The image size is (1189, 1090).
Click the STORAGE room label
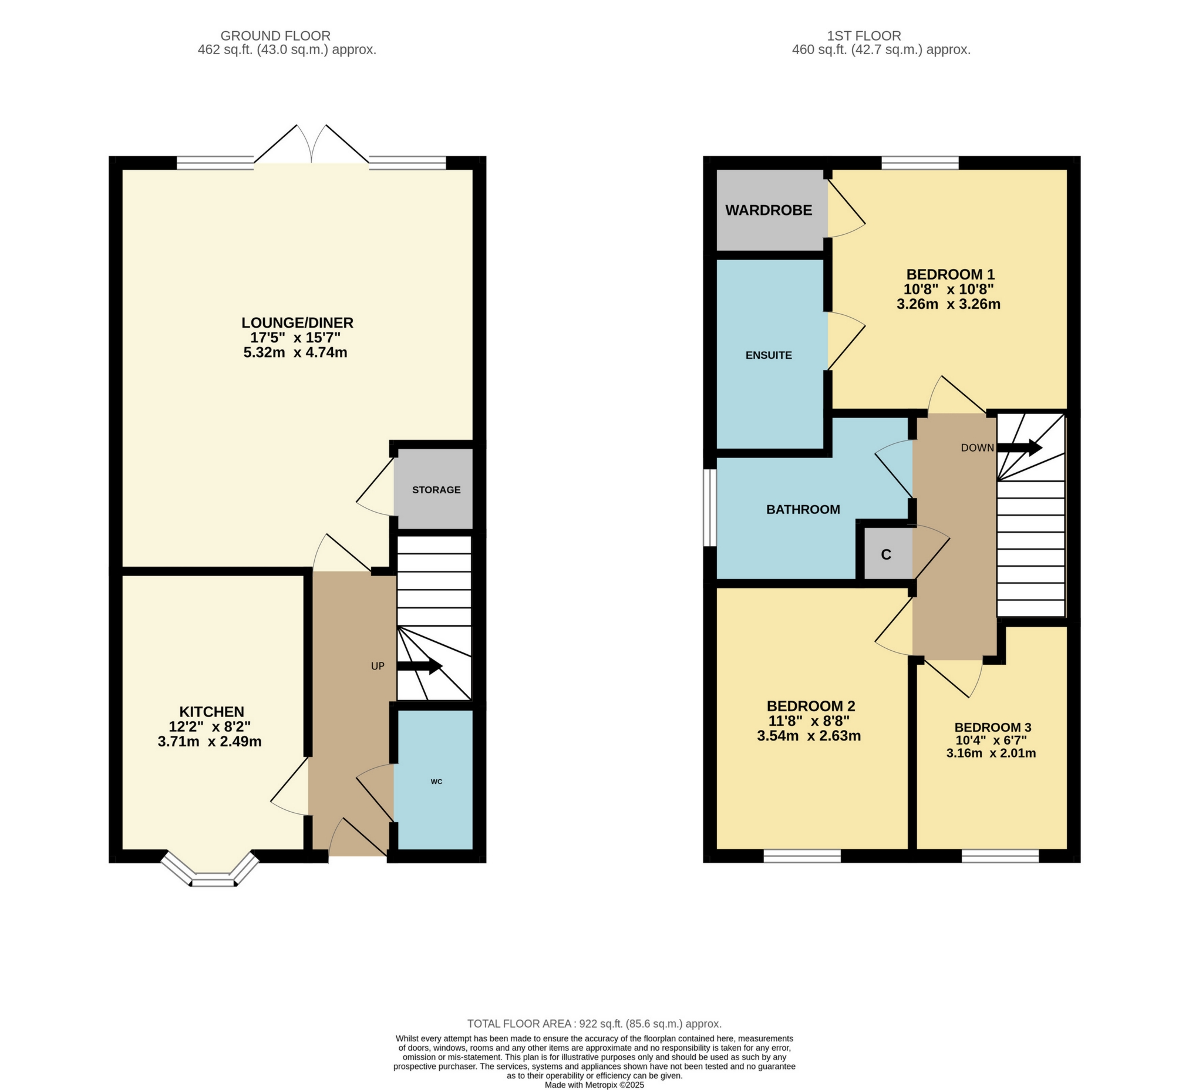pos(436,490)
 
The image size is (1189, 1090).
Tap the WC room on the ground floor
pos(435,782)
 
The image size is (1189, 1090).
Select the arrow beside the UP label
pos(419,667)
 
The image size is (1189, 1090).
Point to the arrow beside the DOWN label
pos(1019,448)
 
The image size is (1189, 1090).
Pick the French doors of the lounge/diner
pos(311,144)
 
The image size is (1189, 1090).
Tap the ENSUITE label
pos(768,355)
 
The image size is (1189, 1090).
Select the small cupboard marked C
pos(886,554)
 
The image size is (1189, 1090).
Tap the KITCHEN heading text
pos(211,711)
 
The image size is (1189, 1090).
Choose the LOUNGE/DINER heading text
pos(297,322)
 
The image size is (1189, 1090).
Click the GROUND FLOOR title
pos(275,36)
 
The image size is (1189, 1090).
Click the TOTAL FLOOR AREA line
pos(594,1024)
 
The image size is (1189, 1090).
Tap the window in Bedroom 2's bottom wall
pos(801,856)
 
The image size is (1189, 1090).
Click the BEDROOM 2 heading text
pos(810,705)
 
